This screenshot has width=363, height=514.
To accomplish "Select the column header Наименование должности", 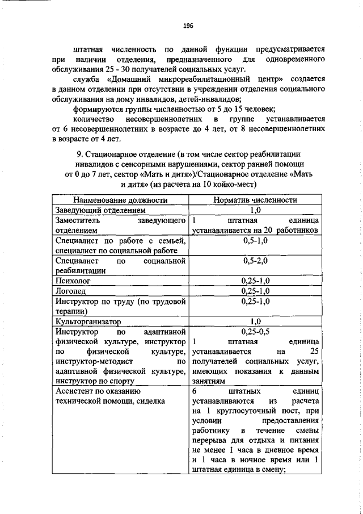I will point(120,216).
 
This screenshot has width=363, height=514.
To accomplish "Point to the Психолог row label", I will point(73,281).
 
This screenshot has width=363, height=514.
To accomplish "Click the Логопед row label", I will point(71,290).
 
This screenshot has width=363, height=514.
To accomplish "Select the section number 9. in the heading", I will point(80,154).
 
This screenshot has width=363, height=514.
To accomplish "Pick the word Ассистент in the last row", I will point(74,392).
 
